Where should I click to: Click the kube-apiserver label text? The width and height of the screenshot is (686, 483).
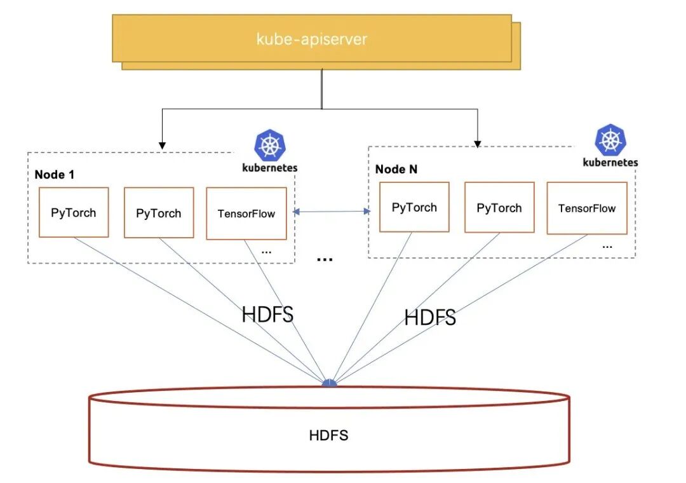click(x=311, y=39)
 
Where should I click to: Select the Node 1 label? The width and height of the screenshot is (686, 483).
click(x=54, y=175)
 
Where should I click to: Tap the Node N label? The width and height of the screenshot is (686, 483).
click(x=396, y=169)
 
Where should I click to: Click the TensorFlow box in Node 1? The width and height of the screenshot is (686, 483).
click(x=246, y=214)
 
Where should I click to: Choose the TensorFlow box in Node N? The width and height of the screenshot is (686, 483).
click(x=587, y=208)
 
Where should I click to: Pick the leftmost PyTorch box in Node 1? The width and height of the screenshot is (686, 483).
click(x=74, y=212)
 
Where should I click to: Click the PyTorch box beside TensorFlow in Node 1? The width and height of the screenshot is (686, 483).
click(x=159, y=213)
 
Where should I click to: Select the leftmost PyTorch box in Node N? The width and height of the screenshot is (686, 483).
click(x=414, y=207)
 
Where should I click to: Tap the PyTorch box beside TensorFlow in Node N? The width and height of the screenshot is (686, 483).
click(x=499, y=208)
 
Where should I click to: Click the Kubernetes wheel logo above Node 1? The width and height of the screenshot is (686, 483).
click(x=269, y=146)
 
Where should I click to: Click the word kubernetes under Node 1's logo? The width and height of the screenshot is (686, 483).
click(x=270, y=168)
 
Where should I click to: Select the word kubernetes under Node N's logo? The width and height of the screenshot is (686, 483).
click(x=610, y=162)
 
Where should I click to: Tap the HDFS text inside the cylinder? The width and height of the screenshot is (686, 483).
click(x=328, y=435)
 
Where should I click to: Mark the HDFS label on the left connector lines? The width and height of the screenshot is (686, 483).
click(x=267, y=315)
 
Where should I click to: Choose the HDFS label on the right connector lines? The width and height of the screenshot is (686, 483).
click(x=430, y=317)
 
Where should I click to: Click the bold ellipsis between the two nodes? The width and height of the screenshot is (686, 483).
click(x=325, y=259)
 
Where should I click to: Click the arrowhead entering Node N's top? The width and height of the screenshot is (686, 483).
click(x=477, y=143)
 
